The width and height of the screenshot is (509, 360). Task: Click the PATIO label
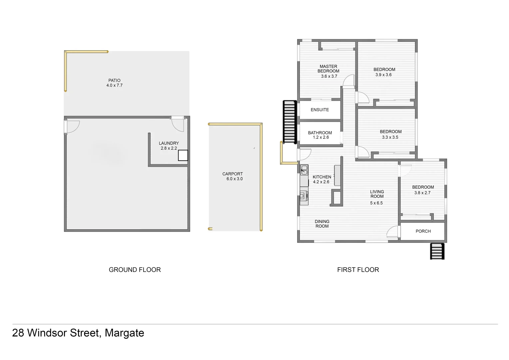click(114, 80)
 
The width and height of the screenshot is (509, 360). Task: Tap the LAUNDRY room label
click(169, 143)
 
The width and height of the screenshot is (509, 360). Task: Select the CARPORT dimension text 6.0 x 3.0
click(235, 179)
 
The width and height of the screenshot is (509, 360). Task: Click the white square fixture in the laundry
click(183, 155)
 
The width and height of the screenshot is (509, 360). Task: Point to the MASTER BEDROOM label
click(328, 69)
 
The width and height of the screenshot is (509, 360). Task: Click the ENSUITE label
click(319, 110)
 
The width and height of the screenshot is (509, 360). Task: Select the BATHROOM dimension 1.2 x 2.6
click(320, 137)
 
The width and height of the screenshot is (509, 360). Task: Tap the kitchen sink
click(304, 170)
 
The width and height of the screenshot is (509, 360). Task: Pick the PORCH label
click(423, 231)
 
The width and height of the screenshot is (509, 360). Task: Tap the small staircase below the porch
click(437, 251)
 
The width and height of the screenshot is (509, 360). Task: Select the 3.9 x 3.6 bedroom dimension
click(383, 75)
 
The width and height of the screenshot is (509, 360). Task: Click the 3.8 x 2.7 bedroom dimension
click(422, 193)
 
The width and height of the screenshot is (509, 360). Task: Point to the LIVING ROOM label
click(377, 194)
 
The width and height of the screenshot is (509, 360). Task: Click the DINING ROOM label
click(322, 224)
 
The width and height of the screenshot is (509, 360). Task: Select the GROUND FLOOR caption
click(135, 270)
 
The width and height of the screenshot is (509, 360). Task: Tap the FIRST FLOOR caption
click(358, 270)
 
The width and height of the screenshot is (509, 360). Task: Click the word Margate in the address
click(124, 333)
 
